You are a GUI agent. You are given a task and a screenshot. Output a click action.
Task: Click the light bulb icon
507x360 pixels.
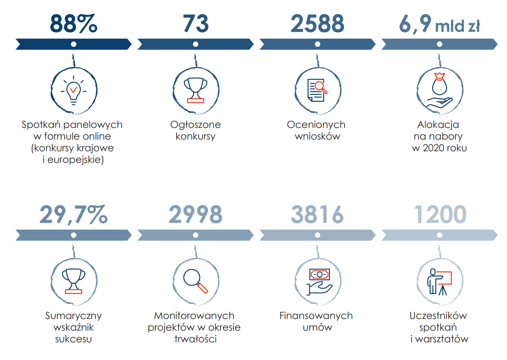pos(73,91)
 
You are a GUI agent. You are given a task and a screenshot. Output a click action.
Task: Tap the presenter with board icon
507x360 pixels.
pos(439,282)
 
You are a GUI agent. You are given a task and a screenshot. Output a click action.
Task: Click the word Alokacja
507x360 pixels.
pos(439,125)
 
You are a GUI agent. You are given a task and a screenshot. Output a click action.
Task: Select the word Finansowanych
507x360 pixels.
pos(316,316)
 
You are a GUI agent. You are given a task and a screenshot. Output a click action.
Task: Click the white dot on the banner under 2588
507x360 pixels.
pos(317,44)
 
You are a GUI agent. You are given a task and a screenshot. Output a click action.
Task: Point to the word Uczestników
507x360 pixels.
pos(438,316)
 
